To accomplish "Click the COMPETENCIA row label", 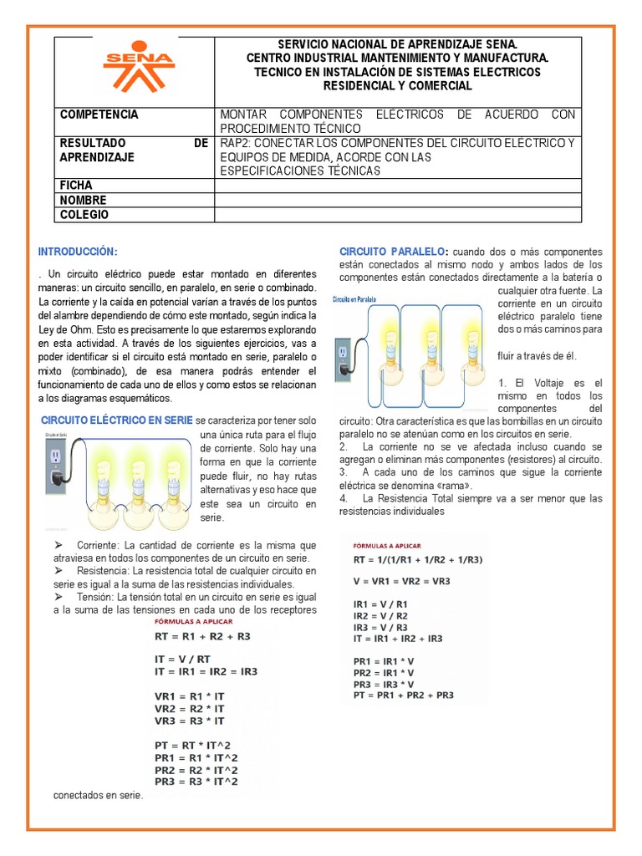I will pyautogui.click(x=99, y=115).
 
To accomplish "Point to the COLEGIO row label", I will pyautogui.click(x=84, y=215).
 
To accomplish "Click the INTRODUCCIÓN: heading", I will pyautogui.click(x=78, y=252).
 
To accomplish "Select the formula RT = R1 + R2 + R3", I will pyautogui.click(x=201, y=636).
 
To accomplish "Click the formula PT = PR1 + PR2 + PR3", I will pyautogui.click(x=404, y=695).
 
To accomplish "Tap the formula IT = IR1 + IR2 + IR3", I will pyautogui.click(x=398, y=638).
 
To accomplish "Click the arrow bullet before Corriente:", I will pyautogui.click(x=59, y=545).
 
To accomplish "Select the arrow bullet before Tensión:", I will pyautogui.click(x=59, y=599).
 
